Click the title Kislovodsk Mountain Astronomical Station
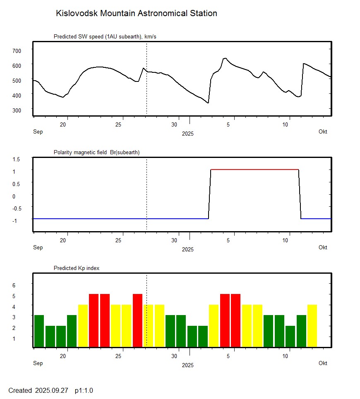[x=136, y=14]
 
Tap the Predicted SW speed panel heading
[x=105, y=37]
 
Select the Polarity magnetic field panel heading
[x=96, y=153]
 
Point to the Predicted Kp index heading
[x=77, y=268]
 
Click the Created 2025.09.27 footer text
[x=38, y=390]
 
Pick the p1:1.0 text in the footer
[x=84, y=390]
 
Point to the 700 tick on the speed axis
[x=16, y=50]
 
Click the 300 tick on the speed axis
[x=16, y=110]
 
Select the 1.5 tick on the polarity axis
[x=16, y=159]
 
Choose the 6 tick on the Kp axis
[x=13, y=285]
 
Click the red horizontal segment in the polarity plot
[x=254, y=170]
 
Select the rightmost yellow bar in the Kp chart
[x=312, y=326]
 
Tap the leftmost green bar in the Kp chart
[x=39, y=331]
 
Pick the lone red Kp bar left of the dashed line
[x=137, y=320]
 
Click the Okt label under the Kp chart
[x=323, y=363]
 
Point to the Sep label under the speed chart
[x=38, y=131]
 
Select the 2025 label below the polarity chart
[x=187, y=249]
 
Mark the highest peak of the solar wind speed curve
[x=225, y=58]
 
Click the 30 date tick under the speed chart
[x=175, y=124]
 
